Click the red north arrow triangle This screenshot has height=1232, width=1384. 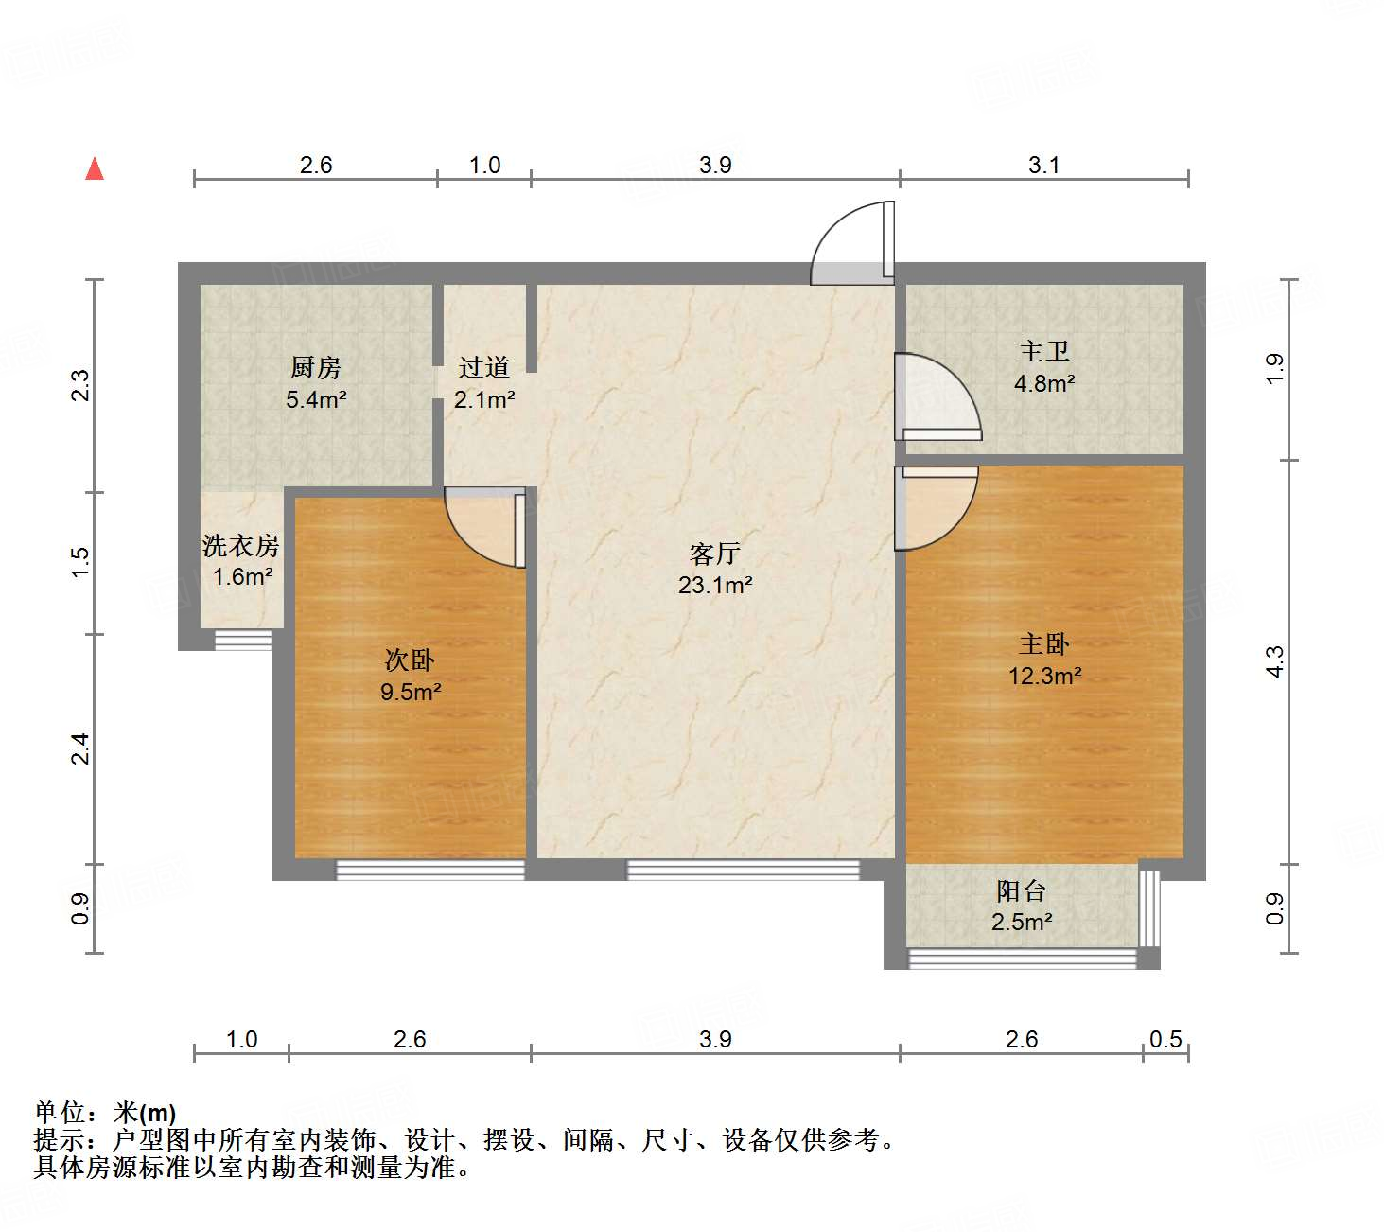click(x=95, y=168)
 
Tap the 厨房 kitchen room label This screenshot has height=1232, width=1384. click(x=315, y=367)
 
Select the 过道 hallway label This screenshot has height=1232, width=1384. click(x=484, y=367)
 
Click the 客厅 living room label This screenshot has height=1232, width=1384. click(x=714, y=554)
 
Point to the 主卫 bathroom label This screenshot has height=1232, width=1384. click(x=1044, y=352)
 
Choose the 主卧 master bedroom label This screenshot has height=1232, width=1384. click(x=1044, y=644)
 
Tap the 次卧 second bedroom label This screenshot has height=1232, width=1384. click(x=410, y=660)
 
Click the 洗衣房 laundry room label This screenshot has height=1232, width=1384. click(x=241, y=546)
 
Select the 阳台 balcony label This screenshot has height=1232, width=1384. click(x=1022, y=890)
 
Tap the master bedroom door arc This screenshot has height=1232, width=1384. click(x=937, y=507)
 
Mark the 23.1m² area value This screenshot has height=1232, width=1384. click(x=714, y=586)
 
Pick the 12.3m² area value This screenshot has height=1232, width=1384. click(x=1044, y=676)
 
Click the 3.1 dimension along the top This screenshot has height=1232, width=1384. click(x=1043, y=165)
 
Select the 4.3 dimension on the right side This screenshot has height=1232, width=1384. click(x=1275, y=660)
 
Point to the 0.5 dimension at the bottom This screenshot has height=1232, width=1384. click(x=1165, y=1039)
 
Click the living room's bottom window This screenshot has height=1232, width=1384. click(x=744, y=869)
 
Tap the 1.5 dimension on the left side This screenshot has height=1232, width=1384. click(x=81, y=562)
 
